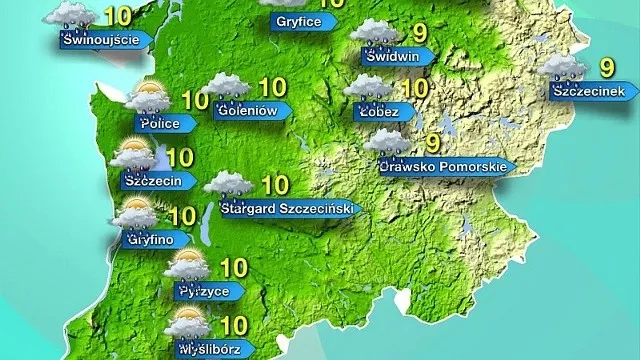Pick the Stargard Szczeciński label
[287, 209]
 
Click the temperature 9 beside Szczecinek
[606, 67]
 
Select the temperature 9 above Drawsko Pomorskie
[433, 142]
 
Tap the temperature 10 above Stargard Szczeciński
[274, 184]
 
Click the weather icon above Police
[147, 97]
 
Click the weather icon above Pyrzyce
[187, 266]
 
